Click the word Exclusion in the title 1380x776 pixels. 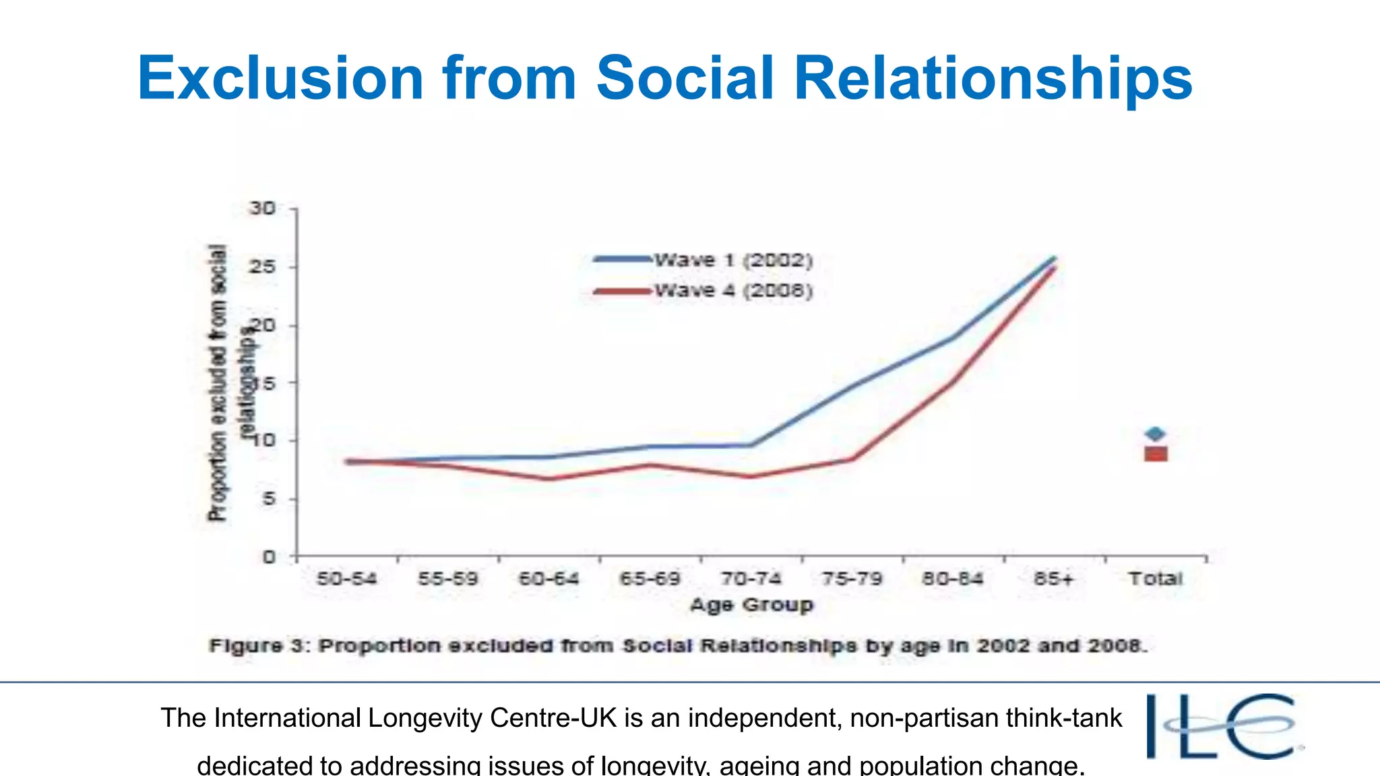pos(280,78)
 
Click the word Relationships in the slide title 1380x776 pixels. pos(993,78)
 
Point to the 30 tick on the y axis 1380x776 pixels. pos(263,208)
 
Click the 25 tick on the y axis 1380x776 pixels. pos(263,267)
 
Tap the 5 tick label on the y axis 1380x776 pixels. pos(269,499)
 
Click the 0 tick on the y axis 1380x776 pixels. pos(269,557)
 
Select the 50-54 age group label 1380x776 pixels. pos(347,579)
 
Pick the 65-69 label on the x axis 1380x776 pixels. pos(650,579)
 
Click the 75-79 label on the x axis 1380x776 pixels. pos(852,579)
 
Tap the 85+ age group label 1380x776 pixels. pos(1054,579)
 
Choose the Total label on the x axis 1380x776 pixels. pos(1156,579)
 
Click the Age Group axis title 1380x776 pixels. pos(751,605)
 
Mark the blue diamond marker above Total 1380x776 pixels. pos(1155,434)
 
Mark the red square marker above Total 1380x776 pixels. pos(1156,454)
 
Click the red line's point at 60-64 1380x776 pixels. pos(550,479)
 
